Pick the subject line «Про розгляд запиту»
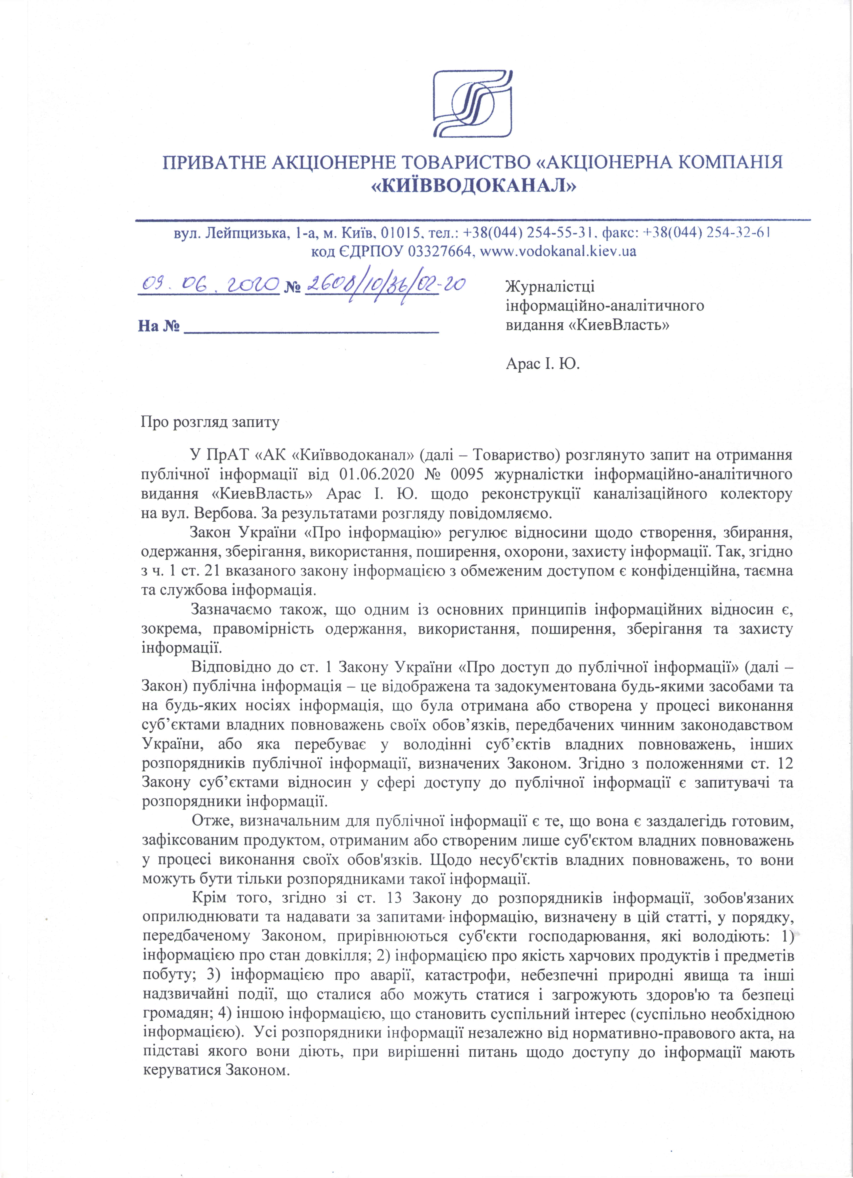coord(210,422)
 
